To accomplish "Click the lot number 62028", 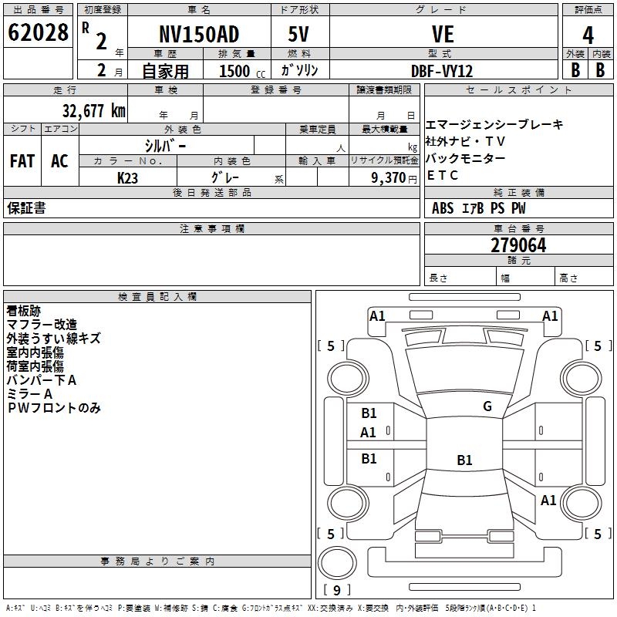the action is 38,34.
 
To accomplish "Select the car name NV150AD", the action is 199,35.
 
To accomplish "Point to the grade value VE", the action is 443,35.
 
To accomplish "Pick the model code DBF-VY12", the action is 443,71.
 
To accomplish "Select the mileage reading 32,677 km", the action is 93,110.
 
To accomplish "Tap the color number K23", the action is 128,177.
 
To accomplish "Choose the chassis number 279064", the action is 518,245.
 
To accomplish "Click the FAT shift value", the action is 22,161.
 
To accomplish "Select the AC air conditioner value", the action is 59,161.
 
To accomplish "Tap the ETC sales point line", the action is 443,175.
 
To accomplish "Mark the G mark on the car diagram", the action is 487,406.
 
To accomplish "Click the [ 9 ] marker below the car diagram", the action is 336,590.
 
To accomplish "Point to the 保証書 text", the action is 26,208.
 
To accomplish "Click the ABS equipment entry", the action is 443,208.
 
